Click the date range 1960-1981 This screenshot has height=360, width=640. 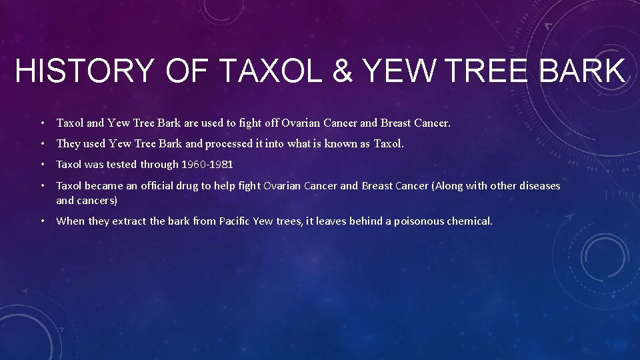click(x=207, y=164)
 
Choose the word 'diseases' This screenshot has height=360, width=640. click(x=539, y=185)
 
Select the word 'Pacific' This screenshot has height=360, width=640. click(x=236, y=221)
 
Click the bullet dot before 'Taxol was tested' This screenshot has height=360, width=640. click(x=42, y=164)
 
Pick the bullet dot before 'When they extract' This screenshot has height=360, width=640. click(x=42, y=221)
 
